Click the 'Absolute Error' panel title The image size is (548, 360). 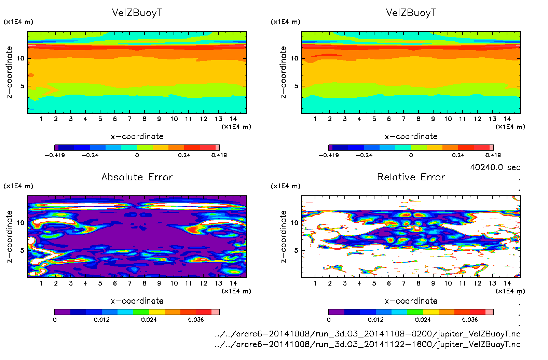[137, 177]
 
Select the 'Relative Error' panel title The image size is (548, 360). [411, 177]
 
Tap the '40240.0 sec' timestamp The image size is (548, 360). [495, 167]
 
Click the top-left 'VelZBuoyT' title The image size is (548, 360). [137, 13]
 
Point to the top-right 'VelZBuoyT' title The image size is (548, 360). [411, 13]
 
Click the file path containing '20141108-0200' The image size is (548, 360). [368, 334]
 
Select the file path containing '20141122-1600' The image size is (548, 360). [368, 344]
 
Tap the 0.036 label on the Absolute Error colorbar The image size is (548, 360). [196, 320]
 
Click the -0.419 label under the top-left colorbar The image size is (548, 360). [55, 155]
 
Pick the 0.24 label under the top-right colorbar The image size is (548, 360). [458, 155]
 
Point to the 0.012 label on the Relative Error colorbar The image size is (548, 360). [375, 320]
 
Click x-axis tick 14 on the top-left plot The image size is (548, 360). [233, 119]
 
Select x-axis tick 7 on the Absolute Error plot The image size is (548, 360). [129, 283]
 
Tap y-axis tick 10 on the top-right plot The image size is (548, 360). [294, 58]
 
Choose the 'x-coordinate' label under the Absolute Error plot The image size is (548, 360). [137, 301]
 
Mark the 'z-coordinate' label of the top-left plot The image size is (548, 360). [9, 72]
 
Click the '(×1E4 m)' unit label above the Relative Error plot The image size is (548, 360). [286, 186]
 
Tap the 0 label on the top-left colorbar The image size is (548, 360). [137, 155]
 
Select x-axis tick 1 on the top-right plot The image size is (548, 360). [315, 119]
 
